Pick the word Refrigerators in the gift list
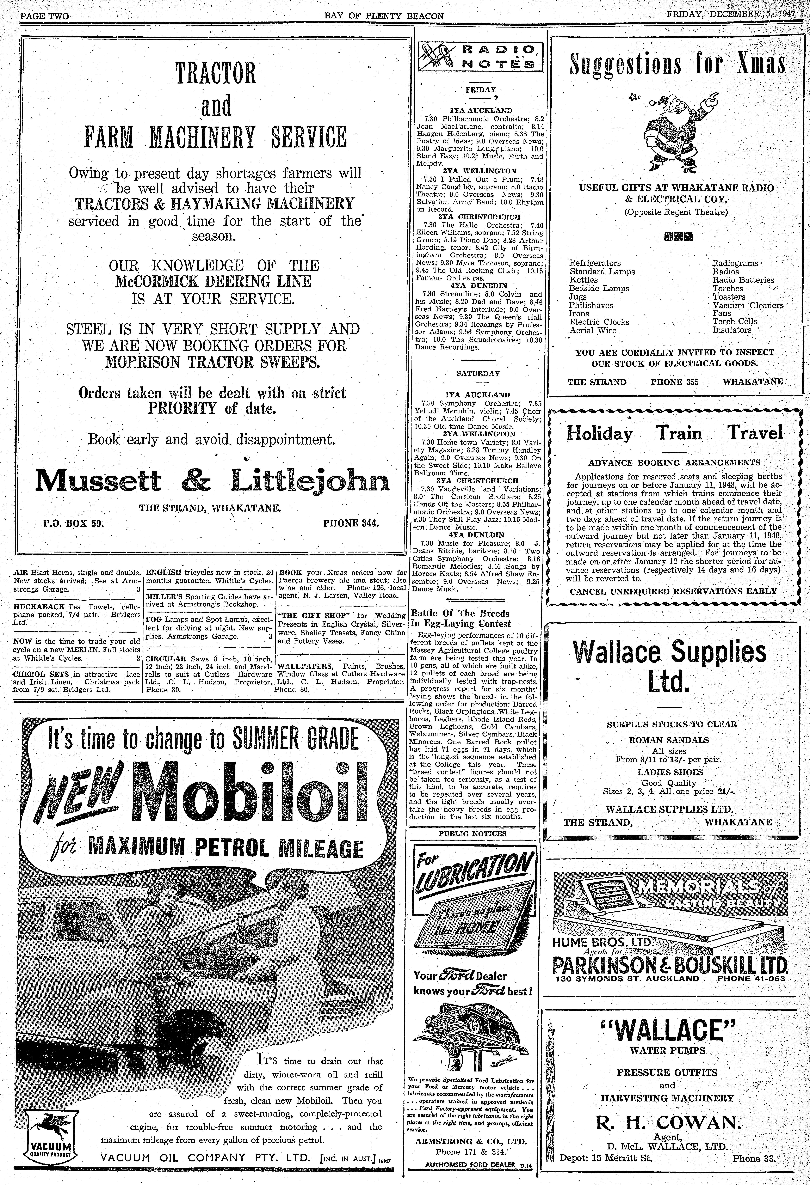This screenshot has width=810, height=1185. (595, 263)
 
